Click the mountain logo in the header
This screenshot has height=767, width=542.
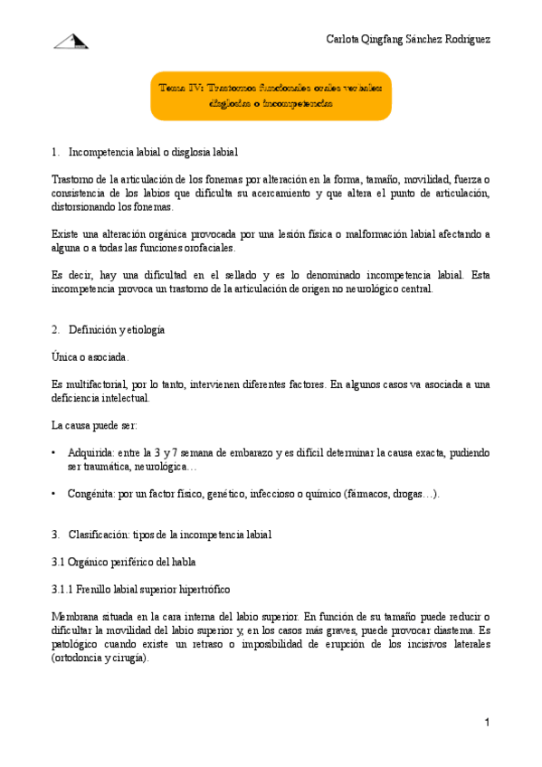coord(71,40)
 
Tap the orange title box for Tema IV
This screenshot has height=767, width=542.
coord(271,96)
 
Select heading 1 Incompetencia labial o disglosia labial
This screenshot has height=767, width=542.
coord(153,151)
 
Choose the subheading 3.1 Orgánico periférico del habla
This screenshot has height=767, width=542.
coord(121,562)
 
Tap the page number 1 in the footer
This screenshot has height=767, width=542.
coord(486,722)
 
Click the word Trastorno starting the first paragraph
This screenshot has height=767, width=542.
coord(74,179)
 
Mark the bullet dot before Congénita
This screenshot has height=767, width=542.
coord(55,493)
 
